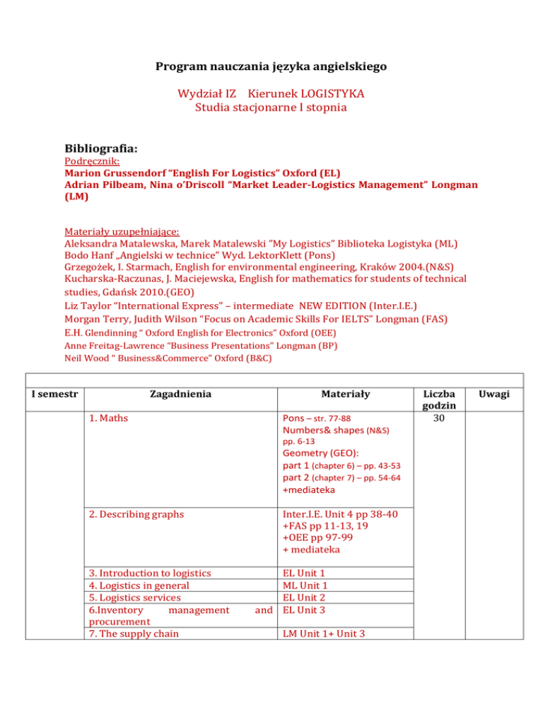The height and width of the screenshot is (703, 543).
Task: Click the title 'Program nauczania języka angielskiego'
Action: coord(271,69)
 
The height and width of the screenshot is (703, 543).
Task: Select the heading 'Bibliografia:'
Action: coord(100,150)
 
